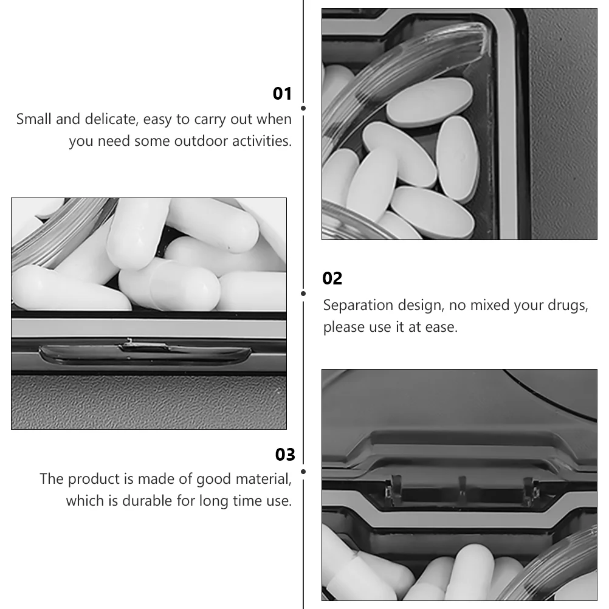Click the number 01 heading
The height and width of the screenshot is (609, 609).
coord(282,94)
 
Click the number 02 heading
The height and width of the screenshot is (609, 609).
coord(332,278)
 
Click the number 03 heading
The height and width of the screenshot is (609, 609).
coord(285,455)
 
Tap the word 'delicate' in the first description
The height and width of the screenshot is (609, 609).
coord(111,119)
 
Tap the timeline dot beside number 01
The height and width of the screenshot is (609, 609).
coord(303,108)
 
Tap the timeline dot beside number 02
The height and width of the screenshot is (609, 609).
coord(303,294)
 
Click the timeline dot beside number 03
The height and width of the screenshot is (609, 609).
coord(303,472)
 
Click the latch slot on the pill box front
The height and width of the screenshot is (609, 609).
coord(145,354)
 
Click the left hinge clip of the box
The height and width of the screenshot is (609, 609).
coord(394,490)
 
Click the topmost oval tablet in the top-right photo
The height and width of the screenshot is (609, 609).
coord(429,103)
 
